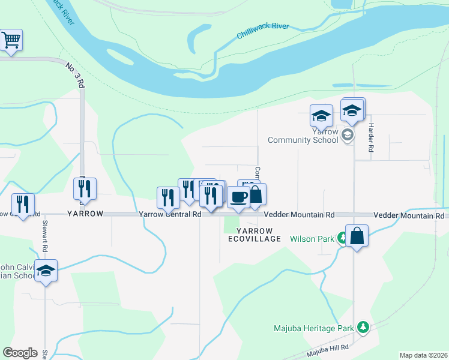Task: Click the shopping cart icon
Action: pyautogui.click(x=11, y=40)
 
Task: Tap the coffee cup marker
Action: pyautogui.click(x=238, y=197)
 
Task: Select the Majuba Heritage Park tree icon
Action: pyautogui.click(x=362, y=327)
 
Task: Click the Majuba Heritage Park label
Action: pyautogui.click(x=314, y=328)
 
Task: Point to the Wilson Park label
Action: pyautogui.click(x=312, y=239)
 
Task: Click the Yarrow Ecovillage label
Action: pyautogui.click(x=255, y=235)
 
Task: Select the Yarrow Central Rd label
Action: pyautogui.click(x=170, y=214)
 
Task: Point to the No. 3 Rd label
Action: pyautogui.click(x=74, y=74)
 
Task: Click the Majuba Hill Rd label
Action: pyautogui.click(x=328, y=349)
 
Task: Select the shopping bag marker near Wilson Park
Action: pyautogui.click(x=357, y=236)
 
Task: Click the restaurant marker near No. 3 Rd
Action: pyautogui.click(x=85, y=188)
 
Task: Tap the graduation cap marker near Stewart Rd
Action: pyautogui.click(x=46, y=271)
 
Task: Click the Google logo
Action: pyautogui.click(x=20, y=353)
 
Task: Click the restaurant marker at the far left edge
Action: pyautogui.click(x=23, y=205)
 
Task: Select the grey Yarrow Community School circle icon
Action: pyautogui.click(x=346, y=136)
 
